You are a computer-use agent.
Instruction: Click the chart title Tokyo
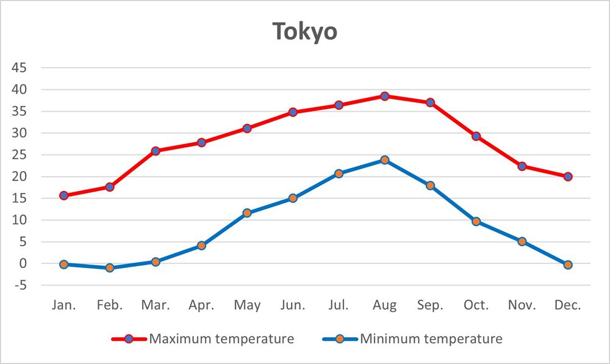pyautogui.click(x=304, y=32)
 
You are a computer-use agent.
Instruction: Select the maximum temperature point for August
pyautogui.click(x=385, y=96)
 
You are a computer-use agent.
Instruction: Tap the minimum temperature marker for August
pyautogui.click(x=385, y=160)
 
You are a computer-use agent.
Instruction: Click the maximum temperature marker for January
pyautogui.click(x=64, y=195)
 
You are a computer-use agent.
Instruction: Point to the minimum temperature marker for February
pyautogui.click(x=110, y=268)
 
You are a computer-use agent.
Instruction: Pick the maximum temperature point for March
pyautogui.click(x=156, y=151)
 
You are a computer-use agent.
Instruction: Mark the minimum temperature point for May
pyautogui.click(x=247, y=213)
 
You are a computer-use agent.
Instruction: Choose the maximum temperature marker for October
pyautogui.click(x=476, y=136)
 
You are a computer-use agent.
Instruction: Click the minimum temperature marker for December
pyautogui.click(x=568, y=264)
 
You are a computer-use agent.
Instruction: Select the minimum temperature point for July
pyautogui.click(x=339, y=173)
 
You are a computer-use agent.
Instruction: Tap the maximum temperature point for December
pyautogui.click(x=568, y=177)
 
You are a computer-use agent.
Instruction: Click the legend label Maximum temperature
pyautogui.click(x=221, y=338)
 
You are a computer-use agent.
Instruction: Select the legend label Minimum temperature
pyautogui.click(x=431, y=338)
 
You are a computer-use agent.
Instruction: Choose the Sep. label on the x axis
pyautogui.click(x=431, y=305)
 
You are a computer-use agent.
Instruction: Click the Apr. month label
pyautogui.click(x=201, y=305)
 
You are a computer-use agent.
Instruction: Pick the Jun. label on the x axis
pyautogui.click(x=293, y=305)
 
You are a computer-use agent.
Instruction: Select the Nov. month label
pyautogui.click(x=522, y=305)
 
